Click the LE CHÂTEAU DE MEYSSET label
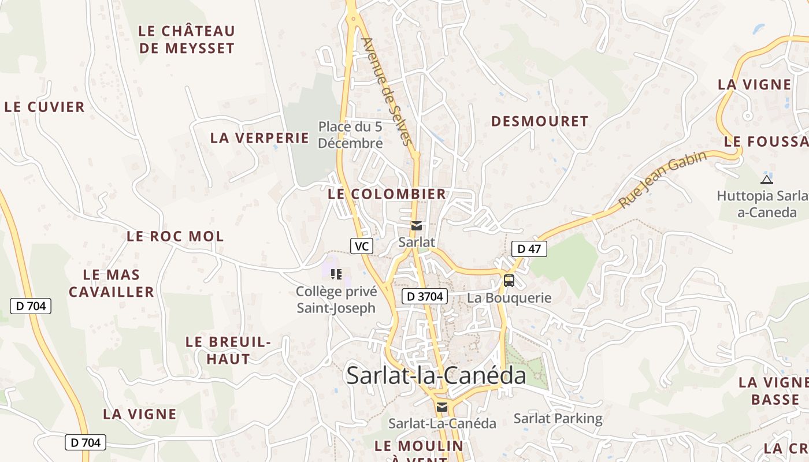pyautogui.click(x=187, y=39)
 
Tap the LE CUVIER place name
pyautogui.click(x=44, y=107)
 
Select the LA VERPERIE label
pyautogui.click(x=259, y=137)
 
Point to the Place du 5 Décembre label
pyautogui.click(x=350, y=135)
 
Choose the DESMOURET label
pyautogui.click(x=539, y=121)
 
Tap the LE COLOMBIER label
pyautogui.click(x=387, y=194)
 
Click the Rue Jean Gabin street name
pyautogui.click(x=662, y=180)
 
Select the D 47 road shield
pyautogui.click(x=529, y=249)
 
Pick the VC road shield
pyautogui.click(x=361, y=246)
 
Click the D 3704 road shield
pyautogui.click(x=425, y=296)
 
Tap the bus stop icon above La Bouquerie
pyautogui.click(x=509, y=281)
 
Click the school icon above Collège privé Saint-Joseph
pyautogui.click(x=336, y=274)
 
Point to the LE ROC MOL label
pyautogui.click(x=175, y=236)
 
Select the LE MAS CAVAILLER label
pyautogui.click(x=112, y=283)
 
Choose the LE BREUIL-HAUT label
pyautogui.click(x=228, y=350)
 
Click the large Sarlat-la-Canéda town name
pyautogui.click(x=436, y=375)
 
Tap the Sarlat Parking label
pyautogui.click(x=558, y=418)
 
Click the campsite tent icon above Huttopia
pyautogui.click(x=767, y=179)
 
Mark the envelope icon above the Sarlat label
pyautogui.click(x=416, y=226)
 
